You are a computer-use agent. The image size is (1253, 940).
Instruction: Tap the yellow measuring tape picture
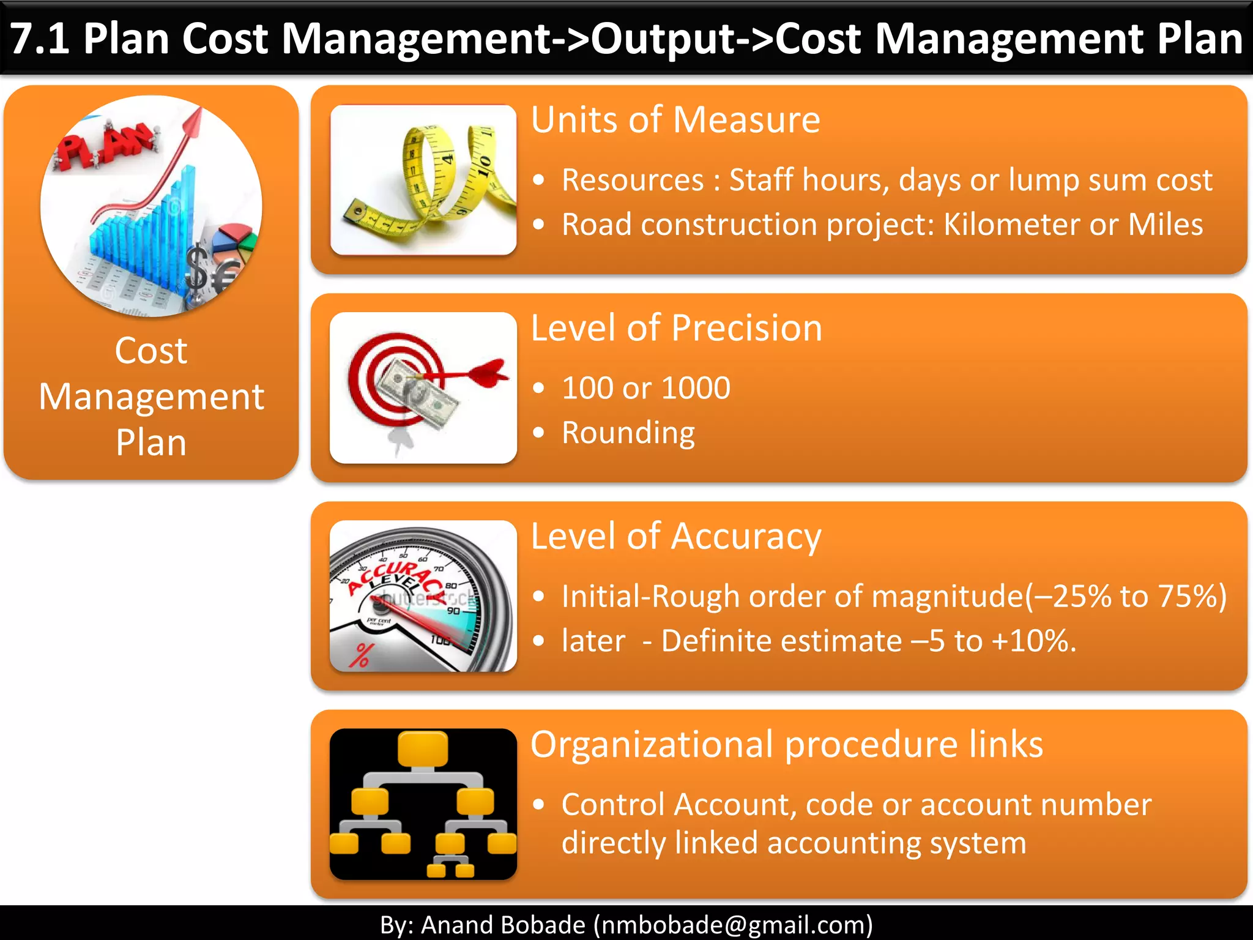423,180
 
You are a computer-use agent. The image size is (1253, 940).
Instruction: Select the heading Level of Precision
676,328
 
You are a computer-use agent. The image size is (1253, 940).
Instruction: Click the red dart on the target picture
483,372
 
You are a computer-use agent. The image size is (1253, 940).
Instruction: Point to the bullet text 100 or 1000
646,388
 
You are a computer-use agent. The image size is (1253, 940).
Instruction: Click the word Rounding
628,433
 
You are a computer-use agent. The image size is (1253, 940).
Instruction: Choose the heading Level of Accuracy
675,537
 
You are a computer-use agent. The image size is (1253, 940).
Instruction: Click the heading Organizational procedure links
786,745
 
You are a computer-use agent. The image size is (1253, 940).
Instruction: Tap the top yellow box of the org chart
423,748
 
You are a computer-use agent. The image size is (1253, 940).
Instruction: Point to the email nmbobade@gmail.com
733,924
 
